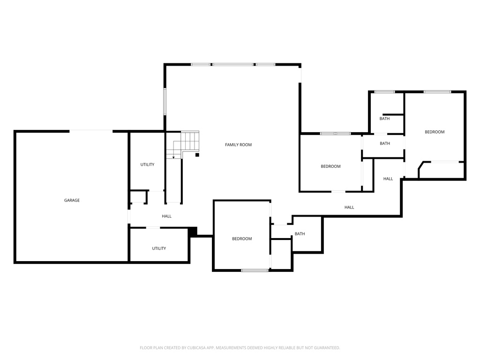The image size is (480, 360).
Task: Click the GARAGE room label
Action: [x=72, y=201]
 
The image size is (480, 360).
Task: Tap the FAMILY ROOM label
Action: [x=238, y=145]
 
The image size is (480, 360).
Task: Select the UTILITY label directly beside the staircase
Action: [x=147, y=165]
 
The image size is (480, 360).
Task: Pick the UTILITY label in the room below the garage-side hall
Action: [x=159, y=248]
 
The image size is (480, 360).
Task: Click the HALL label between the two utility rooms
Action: [x=166, y=217]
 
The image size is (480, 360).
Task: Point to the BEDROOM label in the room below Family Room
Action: [x=242, y=239]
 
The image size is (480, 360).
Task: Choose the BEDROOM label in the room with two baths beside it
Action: [x=434, y=132]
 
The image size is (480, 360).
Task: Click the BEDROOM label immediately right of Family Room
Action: [x=330, y=166]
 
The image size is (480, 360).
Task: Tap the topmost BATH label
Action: [x=384, y=119]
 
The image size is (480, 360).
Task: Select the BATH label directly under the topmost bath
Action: [x=385, y=143]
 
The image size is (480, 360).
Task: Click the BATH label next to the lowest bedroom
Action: [x=300, y=234]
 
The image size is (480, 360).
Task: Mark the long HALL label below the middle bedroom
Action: [x=349, y=207]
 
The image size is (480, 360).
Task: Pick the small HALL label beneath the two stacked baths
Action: [x=388, y=179]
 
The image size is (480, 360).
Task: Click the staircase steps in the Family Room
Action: [x=190, y=140]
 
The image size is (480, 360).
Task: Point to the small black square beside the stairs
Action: [x=197, y=155]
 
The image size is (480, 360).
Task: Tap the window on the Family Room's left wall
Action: [x=165, y=101]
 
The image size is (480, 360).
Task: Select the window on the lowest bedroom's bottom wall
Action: [x=255, y=270]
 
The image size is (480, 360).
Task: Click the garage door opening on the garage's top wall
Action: [x=91, y=131]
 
